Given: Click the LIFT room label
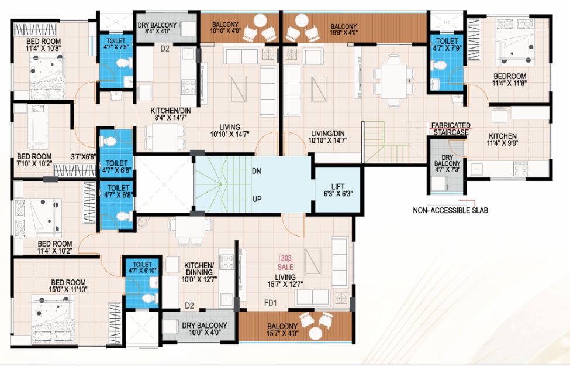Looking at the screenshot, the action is coord(338,186).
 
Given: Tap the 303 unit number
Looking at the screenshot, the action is coord(286,258).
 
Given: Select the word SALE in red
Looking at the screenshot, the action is coord(285,267).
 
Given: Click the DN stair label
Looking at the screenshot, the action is coord(257,171).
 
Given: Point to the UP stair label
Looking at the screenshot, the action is coord(257,199).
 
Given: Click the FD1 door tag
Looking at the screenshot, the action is coord(271,303).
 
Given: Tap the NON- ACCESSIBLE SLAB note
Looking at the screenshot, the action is coord(450,210).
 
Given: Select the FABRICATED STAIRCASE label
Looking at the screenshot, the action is coord(451,129).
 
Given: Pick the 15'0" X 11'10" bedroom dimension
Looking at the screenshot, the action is coord(68,289).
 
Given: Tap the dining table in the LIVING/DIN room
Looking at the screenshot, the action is coord(393,81).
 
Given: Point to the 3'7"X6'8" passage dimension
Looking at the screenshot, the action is coord(84,156).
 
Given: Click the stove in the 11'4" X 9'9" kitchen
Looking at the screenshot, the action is coord(520,169).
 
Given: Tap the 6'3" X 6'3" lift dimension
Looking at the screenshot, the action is coord(338,193).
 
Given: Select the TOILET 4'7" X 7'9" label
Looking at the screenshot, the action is coord(447,45).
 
